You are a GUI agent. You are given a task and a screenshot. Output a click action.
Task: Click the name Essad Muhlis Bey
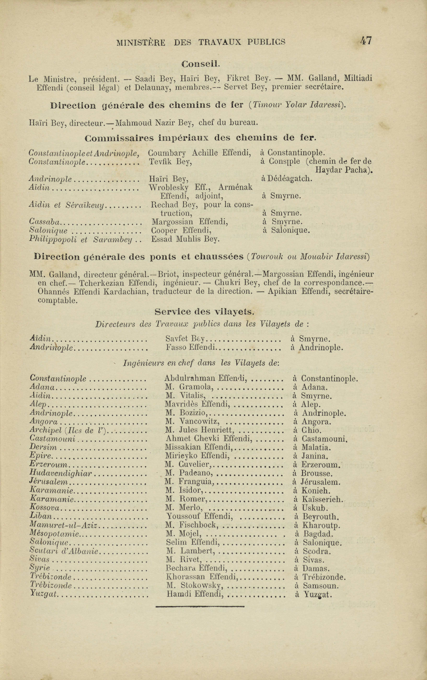point(185,239)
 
